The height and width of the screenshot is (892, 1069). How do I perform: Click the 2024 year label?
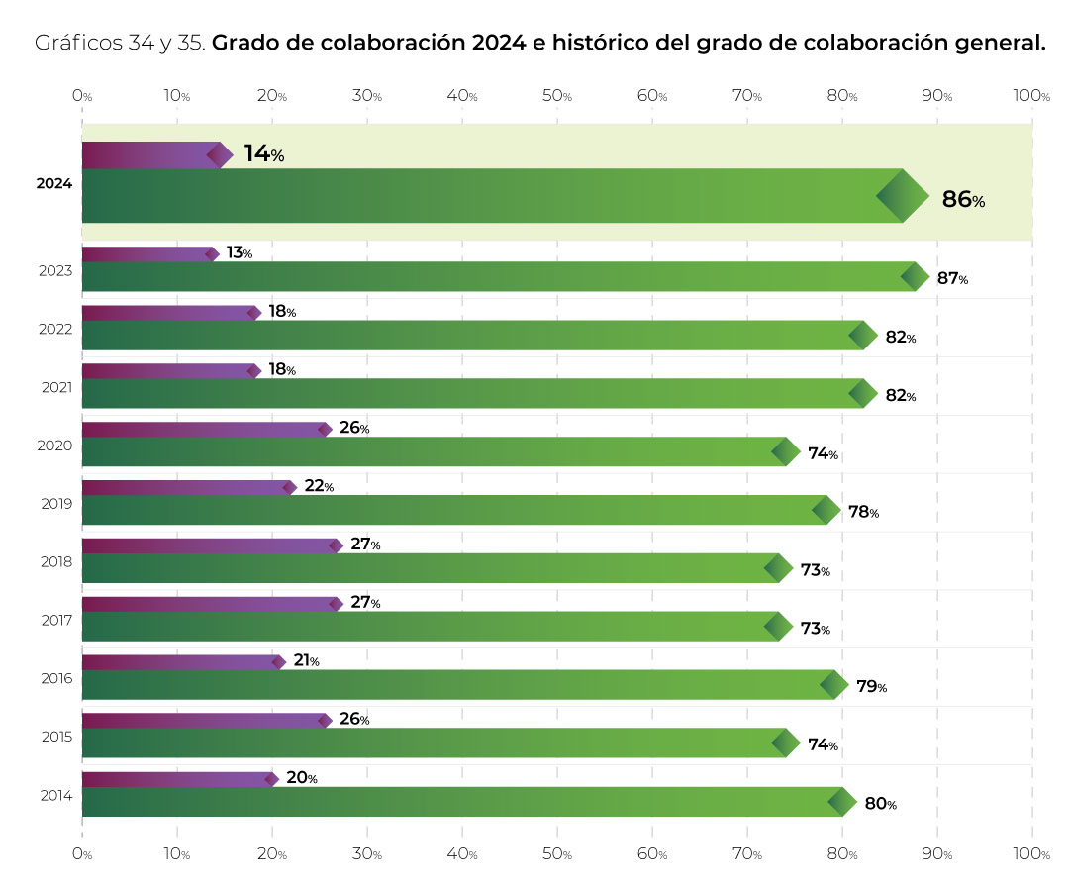[53, 183]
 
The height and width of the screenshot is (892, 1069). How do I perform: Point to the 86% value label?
[962, 199]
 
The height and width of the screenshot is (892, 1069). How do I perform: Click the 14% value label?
[263, 153]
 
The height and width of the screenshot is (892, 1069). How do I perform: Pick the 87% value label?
[952, 278]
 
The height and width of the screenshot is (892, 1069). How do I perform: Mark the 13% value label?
[239, 252]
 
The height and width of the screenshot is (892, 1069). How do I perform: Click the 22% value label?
[319, 486]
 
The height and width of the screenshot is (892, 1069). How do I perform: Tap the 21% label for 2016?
[306, 660]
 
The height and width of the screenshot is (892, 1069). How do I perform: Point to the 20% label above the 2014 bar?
[301, 778]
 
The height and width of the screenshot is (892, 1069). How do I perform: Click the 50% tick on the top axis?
[557, 96]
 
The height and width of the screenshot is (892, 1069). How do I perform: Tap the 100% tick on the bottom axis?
[1032, 853]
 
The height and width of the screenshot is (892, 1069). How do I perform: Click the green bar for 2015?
[436, 743]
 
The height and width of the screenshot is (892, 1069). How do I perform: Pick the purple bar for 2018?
[208, 545]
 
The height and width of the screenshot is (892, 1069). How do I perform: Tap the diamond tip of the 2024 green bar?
[902, 196]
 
